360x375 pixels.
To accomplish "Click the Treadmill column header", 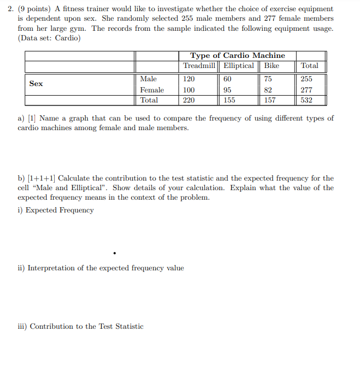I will click(199, 66).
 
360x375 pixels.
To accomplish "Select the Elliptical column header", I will click(239, 66).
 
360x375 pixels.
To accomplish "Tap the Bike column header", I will click(272, 66).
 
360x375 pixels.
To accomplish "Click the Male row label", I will click(148, 79).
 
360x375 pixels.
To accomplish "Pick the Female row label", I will click(152, 90).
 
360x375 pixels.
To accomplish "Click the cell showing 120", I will click(189, 79).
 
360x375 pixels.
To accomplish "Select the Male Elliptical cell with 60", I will click(228, 79).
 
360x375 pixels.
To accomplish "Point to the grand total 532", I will click(306, 100).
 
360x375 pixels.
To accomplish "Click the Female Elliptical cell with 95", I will click(228, 90).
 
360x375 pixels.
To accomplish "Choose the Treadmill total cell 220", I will click(189, 100).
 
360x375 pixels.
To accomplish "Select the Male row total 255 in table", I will click(307, 79).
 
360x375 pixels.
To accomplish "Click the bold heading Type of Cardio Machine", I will click(238, 56).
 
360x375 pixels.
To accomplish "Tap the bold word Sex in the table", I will click(36, 84).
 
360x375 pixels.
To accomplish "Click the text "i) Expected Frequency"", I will click(55, 210).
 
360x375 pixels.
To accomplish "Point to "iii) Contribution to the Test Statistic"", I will click(80, 327).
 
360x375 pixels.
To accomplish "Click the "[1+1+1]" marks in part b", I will click(42, 178).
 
